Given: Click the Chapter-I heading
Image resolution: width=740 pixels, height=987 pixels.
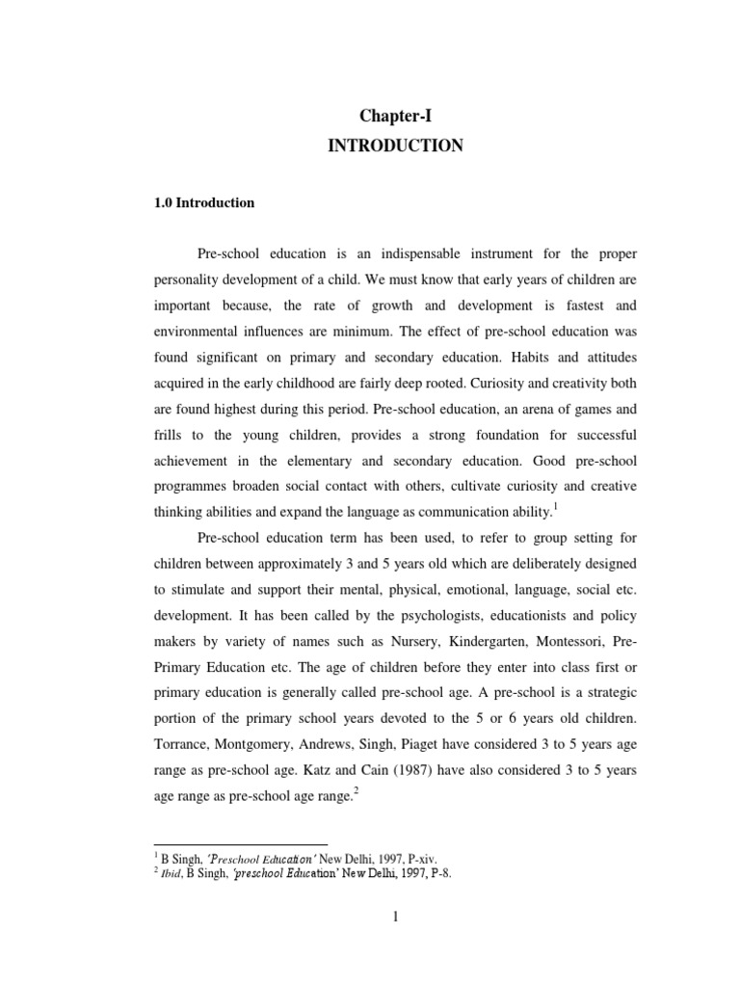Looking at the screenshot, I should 395,116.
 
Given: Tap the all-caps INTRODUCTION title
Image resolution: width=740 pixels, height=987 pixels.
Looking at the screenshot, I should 395,147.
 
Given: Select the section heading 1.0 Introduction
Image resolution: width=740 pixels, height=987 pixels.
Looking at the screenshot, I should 204,203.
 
